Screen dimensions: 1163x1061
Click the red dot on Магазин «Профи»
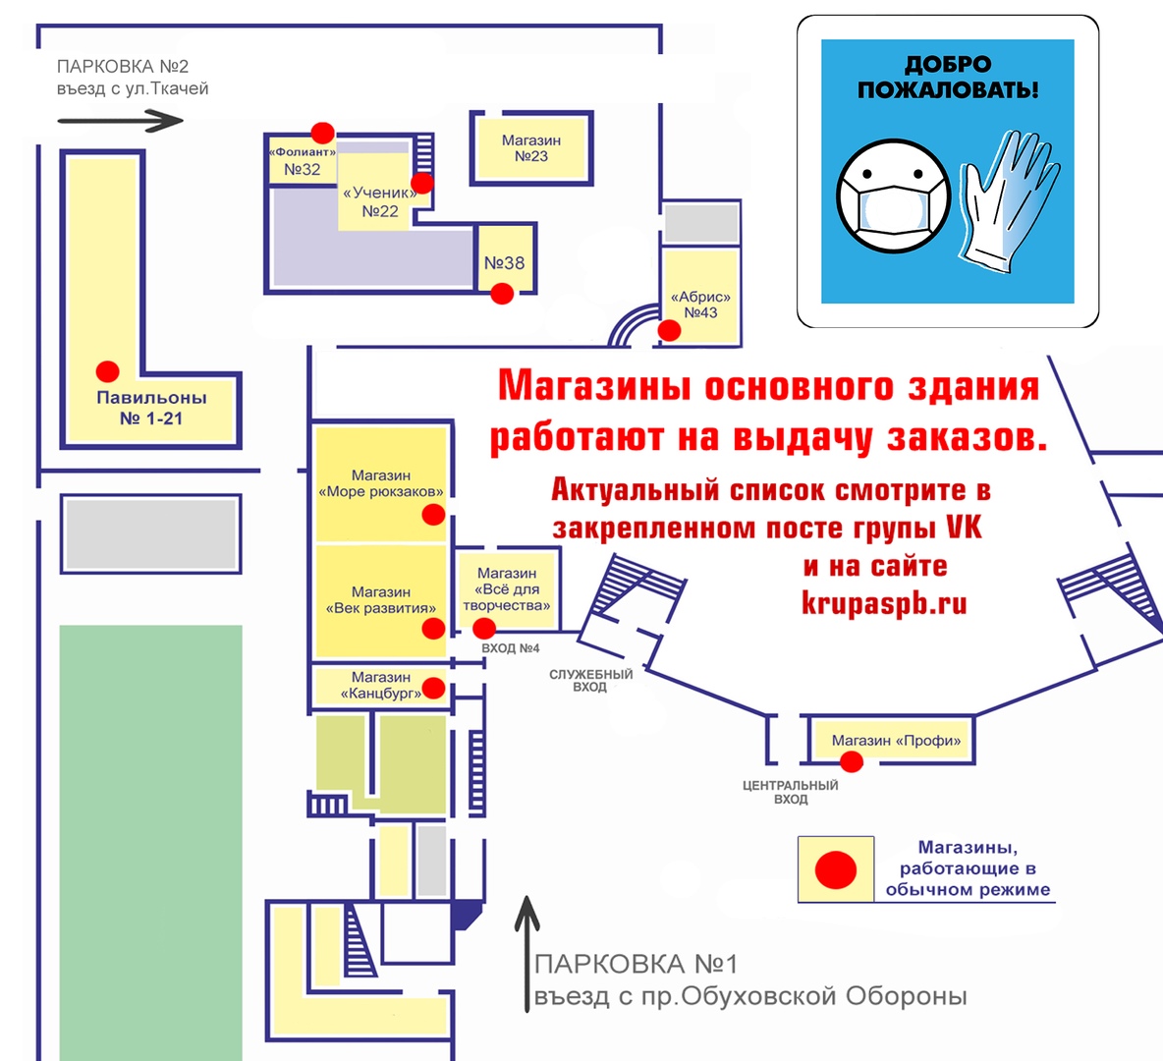coord(852,761)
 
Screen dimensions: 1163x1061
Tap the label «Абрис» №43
coord(700,305)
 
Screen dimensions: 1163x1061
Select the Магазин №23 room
coord(531,148)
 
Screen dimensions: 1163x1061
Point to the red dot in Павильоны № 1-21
coord(107,371)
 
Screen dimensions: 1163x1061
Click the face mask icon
coord(894,196)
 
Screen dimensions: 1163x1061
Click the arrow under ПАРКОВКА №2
coord(120,121)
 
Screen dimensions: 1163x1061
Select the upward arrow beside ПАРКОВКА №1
coord(526,953)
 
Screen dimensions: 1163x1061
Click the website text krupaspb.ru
coord(884,602)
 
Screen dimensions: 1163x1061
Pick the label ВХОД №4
coord(511,648)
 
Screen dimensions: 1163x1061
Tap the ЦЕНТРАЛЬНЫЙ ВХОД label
coord(791,793)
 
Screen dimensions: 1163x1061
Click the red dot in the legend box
coord(836,869)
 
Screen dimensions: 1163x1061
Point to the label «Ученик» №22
coord(380,201)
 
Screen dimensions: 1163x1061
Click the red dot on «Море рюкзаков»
coord(433,514)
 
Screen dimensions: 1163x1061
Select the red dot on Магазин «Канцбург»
coord(433,688)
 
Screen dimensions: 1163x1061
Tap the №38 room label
coord(504,262)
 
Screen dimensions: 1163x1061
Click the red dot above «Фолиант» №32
coord(322,133)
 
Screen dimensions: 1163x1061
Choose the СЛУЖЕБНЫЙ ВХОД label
coord(590,681)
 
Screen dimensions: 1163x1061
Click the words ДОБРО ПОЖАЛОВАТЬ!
coord(948,78)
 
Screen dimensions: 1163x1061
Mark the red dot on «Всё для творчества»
coord(484,629)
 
